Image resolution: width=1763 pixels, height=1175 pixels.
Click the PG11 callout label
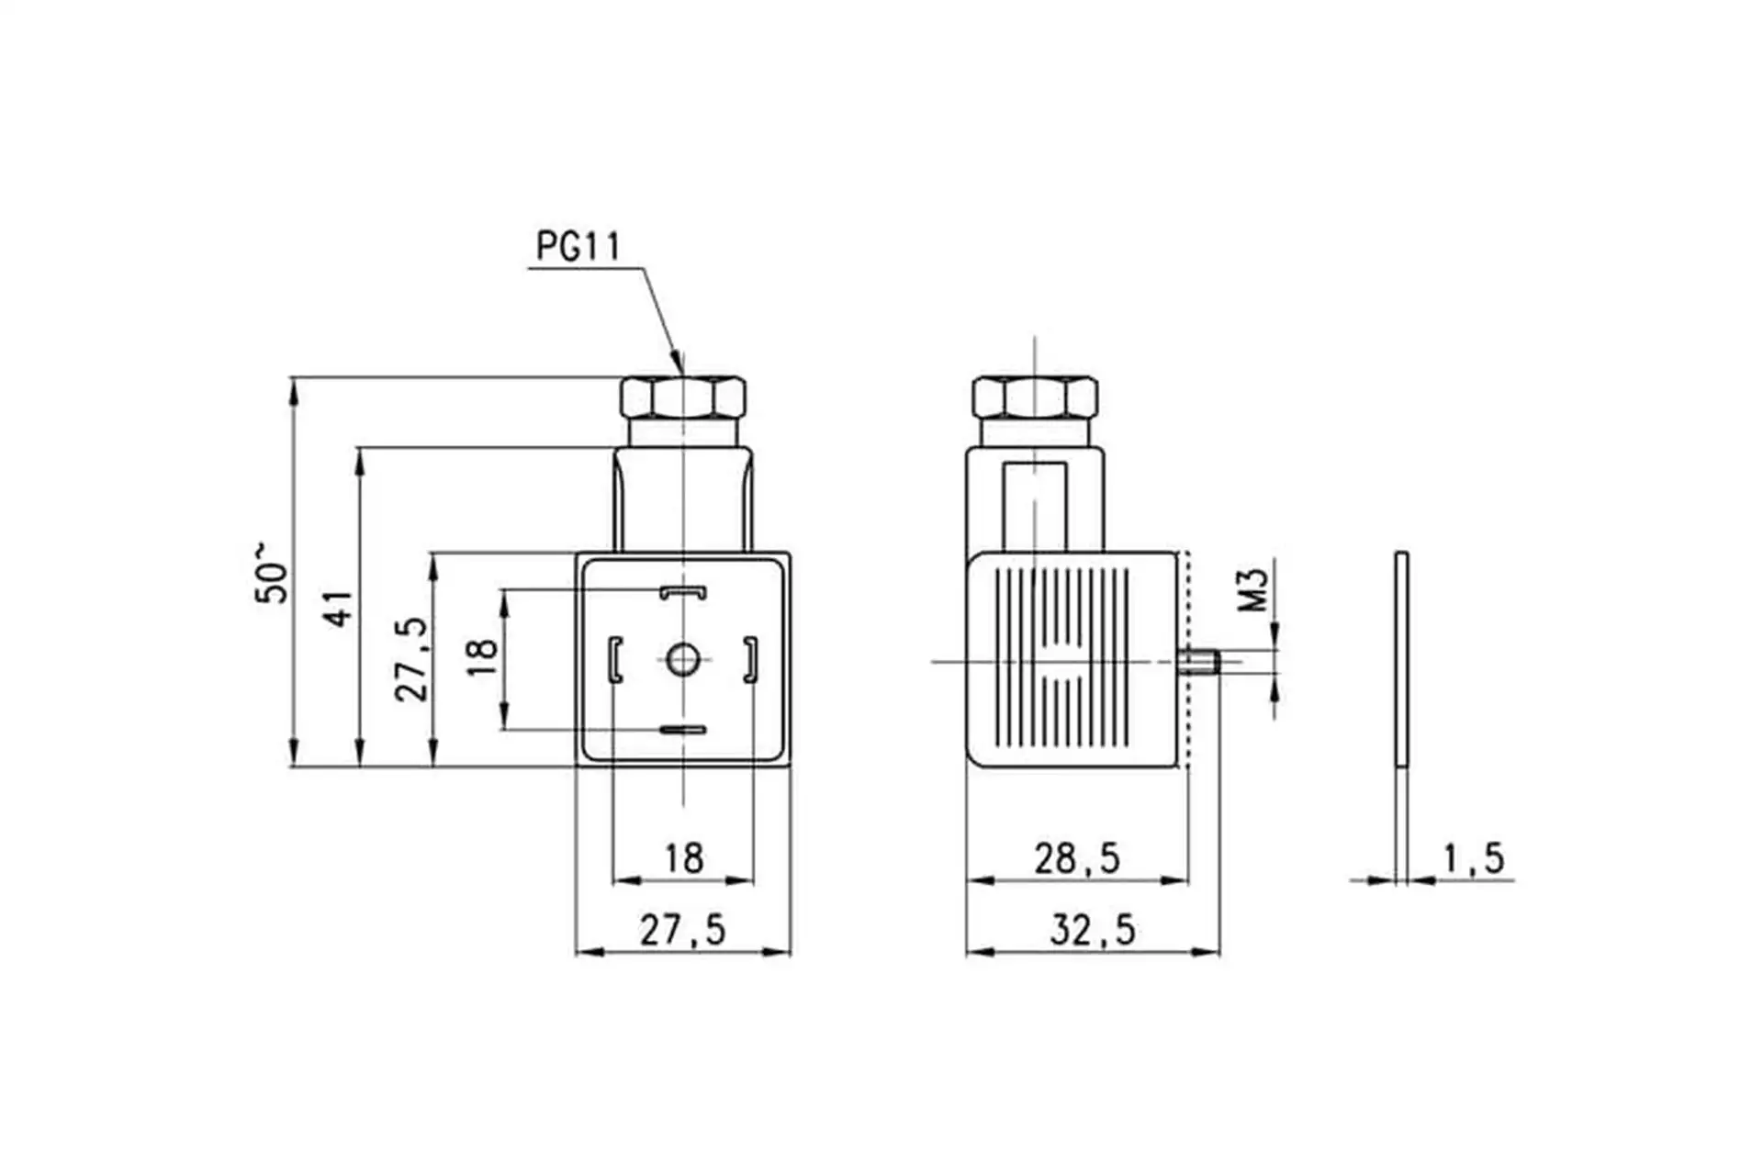pos(578,247)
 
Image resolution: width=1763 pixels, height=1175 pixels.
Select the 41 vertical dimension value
pos(339,608)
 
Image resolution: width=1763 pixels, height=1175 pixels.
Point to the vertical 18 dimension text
pos(482,657)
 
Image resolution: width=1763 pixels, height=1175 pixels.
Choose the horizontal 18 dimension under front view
pos(684,859)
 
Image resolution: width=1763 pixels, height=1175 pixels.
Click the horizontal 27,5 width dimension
pos(682,931)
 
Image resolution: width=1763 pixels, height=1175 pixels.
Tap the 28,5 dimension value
pos(1077,859)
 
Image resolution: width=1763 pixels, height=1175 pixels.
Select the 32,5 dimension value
pos(1093,931)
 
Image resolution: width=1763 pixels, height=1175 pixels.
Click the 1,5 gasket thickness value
pos(1474,859)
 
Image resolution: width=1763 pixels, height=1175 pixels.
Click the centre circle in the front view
pos(682,659)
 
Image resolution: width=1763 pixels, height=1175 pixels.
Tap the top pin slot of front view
pos(683,592)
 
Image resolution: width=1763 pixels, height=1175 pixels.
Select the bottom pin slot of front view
pos(683,731)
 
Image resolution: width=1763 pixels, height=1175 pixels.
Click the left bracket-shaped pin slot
pos(615,659)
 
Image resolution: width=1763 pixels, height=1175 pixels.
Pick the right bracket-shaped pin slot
pos(750,659)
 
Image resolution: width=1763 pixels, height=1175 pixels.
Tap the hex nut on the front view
pos(683,397)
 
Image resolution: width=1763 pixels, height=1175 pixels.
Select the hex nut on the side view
pos(1035,397)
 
